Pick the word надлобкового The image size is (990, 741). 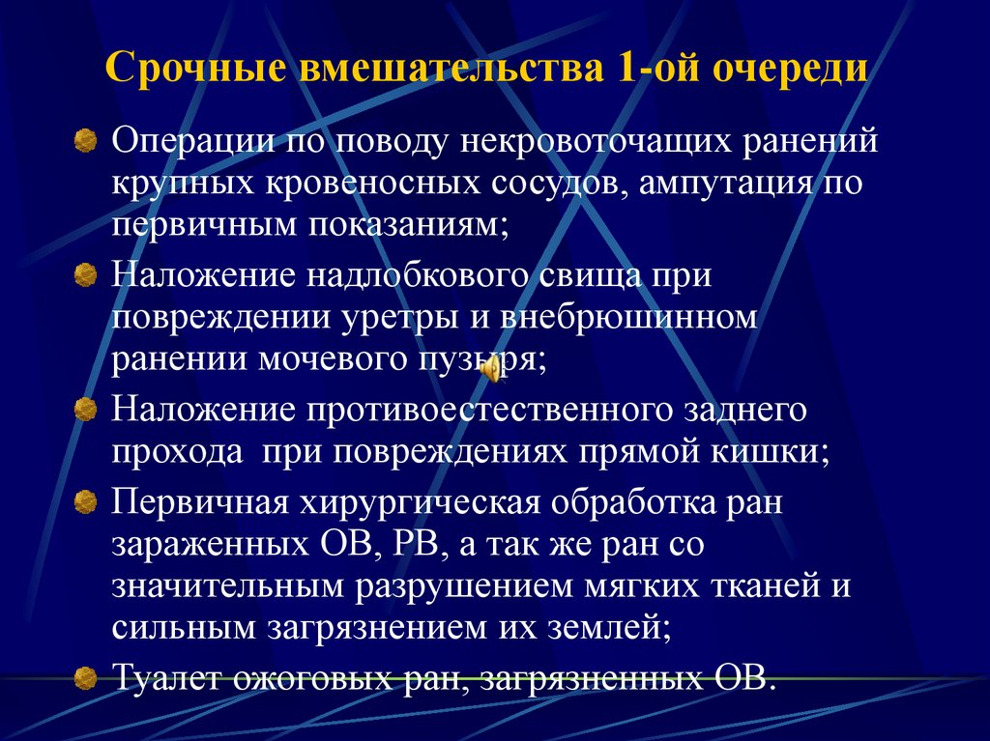pyautogui.click(x=419, y=276)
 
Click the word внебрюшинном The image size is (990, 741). pyautogui.click(x=630, y=318)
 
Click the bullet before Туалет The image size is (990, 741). pyautogui.click(x=86, y=675)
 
